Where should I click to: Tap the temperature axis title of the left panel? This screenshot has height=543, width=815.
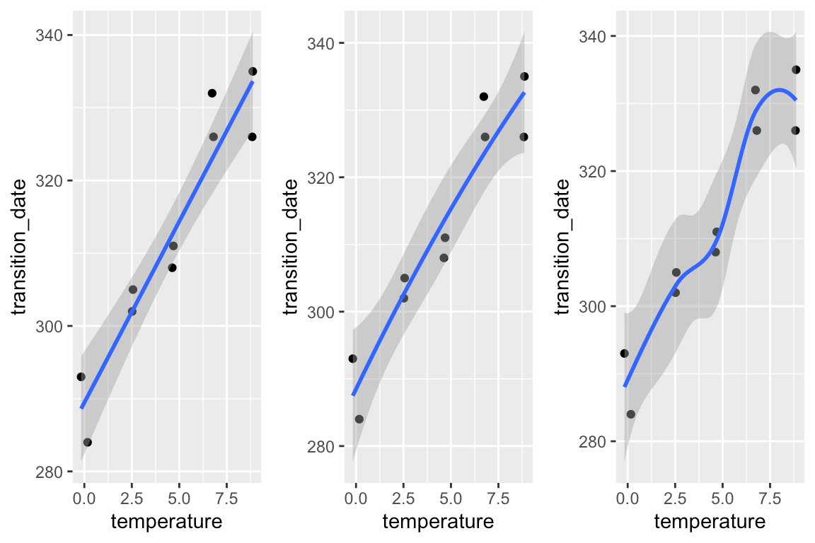[x=166, y=522]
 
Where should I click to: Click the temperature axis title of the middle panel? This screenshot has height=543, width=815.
[x=438, y=522]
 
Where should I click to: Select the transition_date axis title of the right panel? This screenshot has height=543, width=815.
[x=563, y=247]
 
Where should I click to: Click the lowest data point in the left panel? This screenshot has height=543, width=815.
[x=88, y=443]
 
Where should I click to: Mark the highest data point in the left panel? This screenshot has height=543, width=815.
[x=253, y=71]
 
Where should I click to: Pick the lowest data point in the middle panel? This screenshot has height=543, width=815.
[x=359, y=419]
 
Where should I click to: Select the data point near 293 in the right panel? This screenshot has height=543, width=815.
[x=624, y=354]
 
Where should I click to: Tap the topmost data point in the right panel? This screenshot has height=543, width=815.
[x=796, y=70]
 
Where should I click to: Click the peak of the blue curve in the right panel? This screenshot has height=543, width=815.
[x=779, y=89]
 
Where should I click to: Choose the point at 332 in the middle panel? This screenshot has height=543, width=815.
[x=484, y=96]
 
